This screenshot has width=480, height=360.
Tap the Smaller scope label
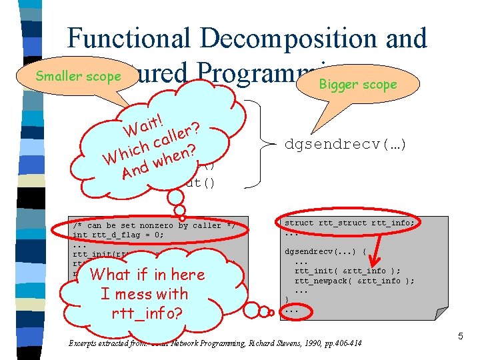click(78, 76)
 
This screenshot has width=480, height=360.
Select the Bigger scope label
click(357, 85)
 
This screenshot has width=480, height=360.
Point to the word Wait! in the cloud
click(147, 123)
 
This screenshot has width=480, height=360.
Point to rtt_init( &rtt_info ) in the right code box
click(347, 271)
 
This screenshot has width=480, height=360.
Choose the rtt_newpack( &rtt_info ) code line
click(354, 281)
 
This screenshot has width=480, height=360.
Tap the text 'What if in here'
click(147, 274)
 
